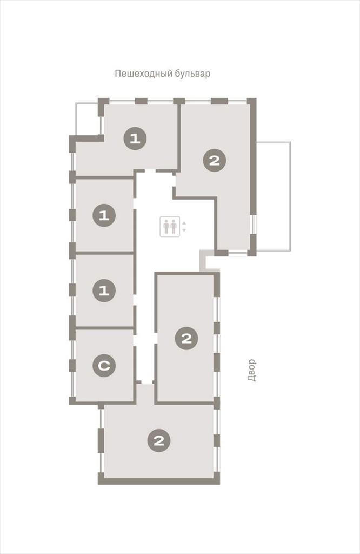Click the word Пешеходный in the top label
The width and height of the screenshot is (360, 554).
[x=143, y=74]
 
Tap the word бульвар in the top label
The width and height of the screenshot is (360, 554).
[x=192, y=73]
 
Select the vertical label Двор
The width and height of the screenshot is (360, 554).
[x=251, y=370]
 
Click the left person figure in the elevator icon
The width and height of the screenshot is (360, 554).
[x=166, y=226]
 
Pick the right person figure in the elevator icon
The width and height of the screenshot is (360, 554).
[x=173, y=226]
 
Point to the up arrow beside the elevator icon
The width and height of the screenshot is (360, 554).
[x=184, y=223]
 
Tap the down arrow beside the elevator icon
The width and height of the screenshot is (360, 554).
[x=184, y=230]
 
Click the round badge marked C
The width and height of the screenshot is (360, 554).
[x=104, y=365]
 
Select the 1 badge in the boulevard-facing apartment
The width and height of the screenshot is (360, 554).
[x=135, y=138]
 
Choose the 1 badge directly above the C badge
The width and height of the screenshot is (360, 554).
[x=104, y=291]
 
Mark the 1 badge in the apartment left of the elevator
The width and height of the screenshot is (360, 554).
[x=104, y=215]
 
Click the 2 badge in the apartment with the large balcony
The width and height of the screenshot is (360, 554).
[x=215, y=161]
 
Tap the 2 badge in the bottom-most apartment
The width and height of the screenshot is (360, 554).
[x=159, y=440]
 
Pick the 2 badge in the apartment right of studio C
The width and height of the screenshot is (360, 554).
[x=186, y=338]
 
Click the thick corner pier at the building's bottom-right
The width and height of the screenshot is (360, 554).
[x=216, y=479]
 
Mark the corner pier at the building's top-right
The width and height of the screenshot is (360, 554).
[x=252, y=102]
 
